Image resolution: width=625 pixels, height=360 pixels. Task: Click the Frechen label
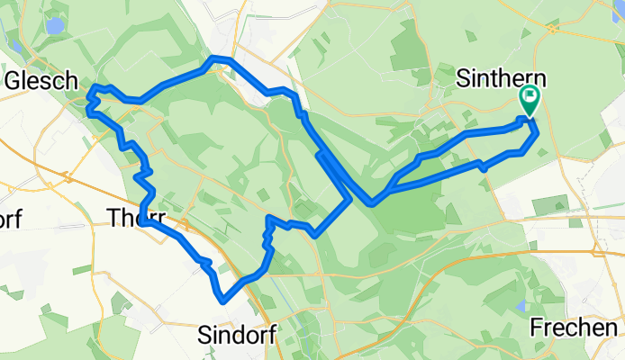pos(574,328)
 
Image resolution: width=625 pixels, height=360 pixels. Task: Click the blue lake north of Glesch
pos(55,25)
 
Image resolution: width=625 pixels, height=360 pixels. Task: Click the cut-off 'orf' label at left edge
pos(9,219)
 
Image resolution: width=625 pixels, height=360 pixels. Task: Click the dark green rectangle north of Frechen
pos(549,204)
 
